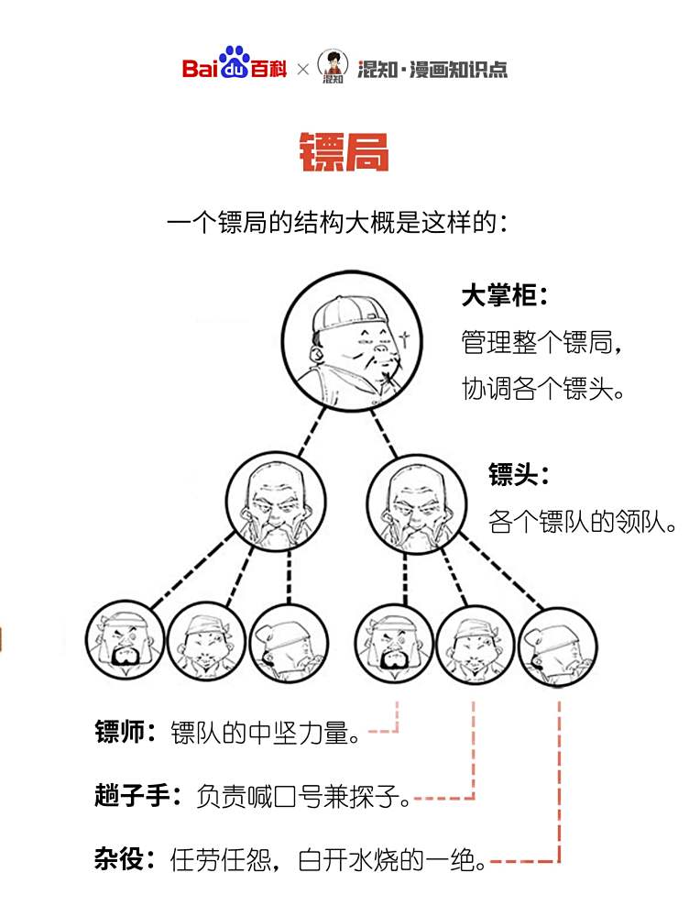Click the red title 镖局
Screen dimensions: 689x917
344,152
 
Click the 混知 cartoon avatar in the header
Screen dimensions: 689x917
334,66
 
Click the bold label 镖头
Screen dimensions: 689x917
519,474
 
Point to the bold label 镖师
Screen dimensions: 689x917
125,732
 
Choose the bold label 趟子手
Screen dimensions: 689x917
138,795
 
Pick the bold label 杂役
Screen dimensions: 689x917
125,859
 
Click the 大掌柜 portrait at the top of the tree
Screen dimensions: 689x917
351,341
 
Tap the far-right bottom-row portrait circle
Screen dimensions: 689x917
557,646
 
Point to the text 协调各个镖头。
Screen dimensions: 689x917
543,389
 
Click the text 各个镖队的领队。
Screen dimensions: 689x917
582,522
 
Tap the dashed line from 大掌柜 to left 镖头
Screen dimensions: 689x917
312,432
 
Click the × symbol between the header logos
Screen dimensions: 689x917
302,70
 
